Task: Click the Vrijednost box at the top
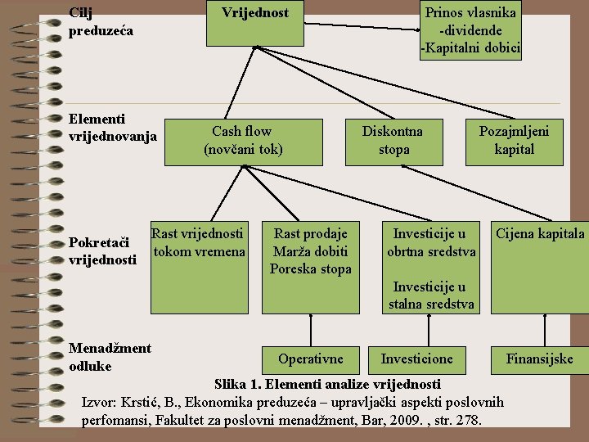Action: [x=255, y=22]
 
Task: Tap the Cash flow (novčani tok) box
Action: [x=242, y=140]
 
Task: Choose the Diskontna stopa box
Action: [x=393, y=140]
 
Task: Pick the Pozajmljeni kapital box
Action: [x=514, y=140]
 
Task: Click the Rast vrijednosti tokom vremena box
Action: [x=198, y=243]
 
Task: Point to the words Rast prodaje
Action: [x=310, y=234]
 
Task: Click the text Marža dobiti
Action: [x=310, y=251]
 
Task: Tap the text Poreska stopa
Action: [x=310, y=268]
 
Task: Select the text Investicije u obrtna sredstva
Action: [x=431, y=243]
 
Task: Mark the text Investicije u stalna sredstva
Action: [x=431, y=295]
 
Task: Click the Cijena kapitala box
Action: [x=540, y=234]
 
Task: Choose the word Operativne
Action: [x=310, y=359]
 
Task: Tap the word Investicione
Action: [x=416, y=359]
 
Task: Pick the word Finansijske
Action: [x=539, y=359]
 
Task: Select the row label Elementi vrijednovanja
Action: [x=112, y=127]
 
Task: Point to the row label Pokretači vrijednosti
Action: [x=103, y=251]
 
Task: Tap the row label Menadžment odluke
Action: [x=110, y=357]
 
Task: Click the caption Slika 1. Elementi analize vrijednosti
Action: [x=327, y=384]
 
